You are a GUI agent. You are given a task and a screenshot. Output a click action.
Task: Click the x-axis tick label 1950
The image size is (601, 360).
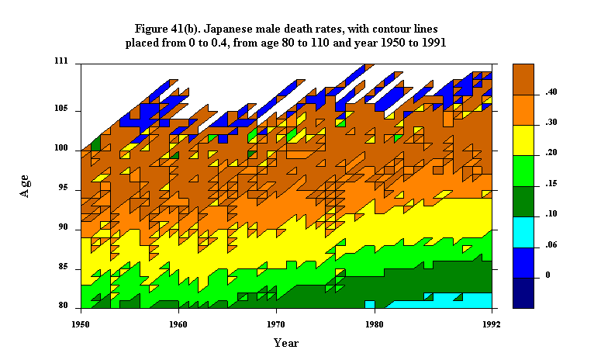tap(81, 325)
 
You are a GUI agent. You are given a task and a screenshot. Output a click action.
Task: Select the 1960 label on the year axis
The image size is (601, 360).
tap(178, 325)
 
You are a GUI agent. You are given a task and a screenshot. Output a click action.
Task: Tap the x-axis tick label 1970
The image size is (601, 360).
tap(276, 325)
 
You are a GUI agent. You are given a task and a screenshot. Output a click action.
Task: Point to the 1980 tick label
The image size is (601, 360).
tap(374, 325)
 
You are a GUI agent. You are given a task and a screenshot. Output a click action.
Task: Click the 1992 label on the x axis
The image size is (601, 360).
tap(492, 325)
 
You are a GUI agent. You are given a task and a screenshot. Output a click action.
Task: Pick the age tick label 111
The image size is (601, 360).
tap(61, 61)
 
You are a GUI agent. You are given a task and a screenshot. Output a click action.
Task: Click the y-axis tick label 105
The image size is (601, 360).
tap(61, 108)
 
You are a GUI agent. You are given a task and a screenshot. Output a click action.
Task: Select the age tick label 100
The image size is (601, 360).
tap(61, 147)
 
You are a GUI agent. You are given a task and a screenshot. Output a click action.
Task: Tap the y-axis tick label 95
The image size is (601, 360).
tap(64, 188)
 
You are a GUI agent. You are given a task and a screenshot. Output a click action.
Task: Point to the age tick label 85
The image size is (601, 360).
tap(64, 266)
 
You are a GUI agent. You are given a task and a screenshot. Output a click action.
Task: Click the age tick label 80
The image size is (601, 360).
tap(64, 306)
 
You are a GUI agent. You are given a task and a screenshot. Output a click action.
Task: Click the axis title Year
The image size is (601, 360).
tap(286, 343)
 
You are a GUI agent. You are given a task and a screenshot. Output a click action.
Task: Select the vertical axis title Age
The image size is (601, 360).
tap(25, 186)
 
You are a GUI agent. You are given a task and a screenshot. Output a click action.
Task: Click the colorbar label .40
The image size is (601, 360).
tap(551, 92)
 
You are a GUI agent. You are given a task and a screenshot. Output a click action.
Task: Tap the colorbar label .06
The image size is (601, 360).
tap(551, 244)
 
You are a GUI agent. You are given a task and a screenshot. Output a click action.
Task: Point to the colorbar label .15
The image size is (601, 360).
tap(551, 183)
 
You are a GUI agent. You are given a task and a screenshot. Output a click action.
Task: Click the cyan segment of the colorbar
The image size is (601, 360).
tap(523, 232)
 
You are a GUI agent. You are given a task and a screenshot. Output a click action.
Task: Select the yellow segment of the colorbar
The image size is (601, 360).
tap(523, 140)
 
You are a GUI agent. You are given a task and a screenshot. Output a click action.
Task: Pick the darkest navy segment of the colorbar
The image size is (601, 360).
tap(523, 293)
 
